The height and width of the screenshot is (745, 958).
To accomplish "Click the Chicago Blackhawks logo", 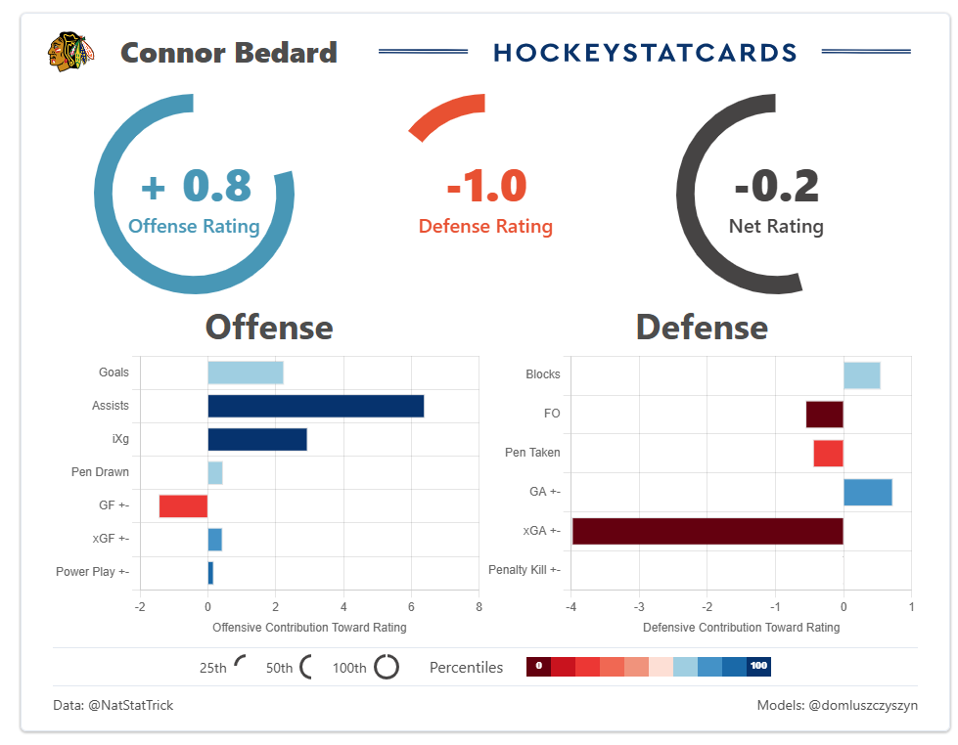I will [x=70, y=52].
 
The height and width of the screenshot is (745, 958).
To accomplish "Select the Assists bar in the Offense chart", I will [x=315, y=406].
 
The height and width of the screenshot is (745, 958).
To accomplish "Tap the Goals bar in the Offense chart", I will [x=245, y=372].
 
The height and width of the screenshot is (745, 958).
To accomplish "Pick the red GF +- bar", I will [x=183, y=505].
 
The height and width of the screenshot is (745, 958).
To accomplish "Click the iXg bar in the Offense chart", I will [x=256, y=439].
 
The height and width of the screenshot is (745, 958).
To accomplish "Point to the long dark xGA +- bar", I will [x=707, y=531].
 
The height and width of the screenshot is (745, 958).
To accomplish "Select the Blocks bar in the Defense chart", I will [x=861, y=374].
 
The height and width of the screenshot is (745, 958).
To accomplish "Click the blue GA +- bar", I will [x=867, y=492].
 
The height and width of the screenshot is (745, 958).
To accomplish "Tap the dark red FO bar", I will [x=824, y=414].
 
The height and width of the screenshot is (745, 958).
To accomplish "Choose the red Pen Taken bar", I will [x=828, y=453].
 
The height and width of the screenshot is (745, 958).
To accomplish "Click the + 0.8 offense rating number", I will [x=196, y=186].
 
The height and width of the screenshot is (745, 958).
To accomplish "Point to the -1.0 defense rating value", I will [x=486, y=186].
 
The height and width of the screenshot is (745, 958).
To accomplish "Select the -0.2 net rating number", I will [x=776, y=186].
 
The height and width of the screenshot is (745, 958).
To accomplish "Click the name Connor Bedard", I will [x=229, y=52].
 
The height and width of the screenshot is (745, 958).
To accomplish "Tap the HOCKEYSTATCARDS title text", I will [x=646, y=52].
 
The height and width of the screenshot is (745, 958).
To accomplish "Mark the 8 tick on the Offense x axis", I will [x=479, y=607].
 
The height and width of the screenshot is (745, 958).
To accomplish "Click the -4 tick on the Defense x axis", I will [x=570, y=607].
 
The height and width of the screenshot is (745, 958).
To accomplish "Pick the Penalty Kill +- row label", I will [x=524, y=570].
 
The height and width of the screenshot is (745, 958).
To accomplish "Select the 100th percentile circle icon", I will [x=387, y=667].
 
